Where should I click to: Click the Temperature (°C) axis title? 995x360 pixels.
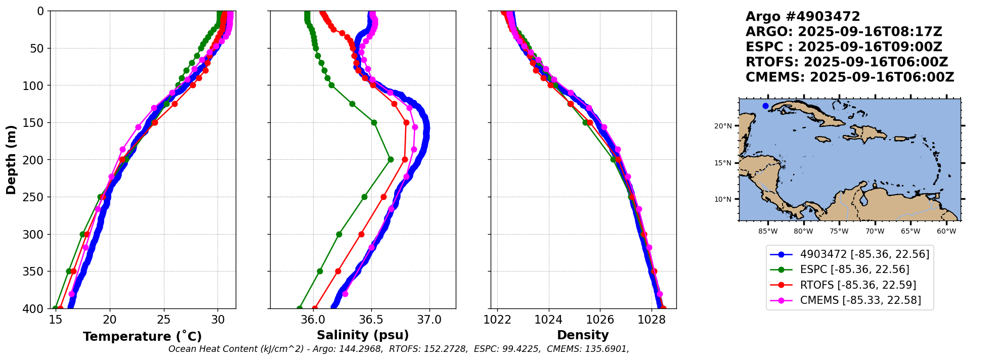pos(142,337)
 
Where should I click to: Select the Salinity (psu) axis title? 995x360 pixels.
pos(363,335)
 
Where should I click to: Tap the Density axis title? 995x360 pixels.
pos(583,335)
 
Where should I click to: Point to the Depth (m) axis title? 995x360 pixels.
pos(11,160)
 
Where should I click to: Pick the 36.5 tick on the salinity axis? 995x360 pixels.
pos(371,320)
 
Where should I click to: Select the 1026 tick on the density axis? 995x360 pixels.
pos(600,320)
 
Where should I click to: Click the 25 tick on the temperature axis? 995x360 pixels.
pos(164,320)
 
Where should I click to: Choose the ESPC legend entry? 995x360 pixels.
pos(854,269)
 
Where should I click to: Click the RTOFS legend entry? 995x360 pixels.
pos(858,285)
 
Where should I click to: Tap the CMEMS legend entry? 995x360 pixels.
pos(860,300)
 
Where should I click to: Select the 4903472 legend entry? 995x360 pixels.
pos(864,254)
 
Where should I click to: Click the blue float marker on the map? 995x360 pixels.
pos(765,106)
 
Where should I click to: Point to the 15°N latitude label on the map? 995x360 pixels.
pos(723,163)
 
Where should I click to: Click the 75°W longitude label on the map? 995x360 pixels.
pos(839,232)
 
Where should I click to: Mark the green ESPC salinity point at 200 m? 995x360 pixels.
pos(391,160)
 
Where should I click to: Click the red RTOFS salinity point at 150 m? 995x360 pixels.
pos(406,122)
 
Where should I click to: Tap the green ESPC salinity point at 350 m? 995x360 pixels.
pos(320,271)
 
